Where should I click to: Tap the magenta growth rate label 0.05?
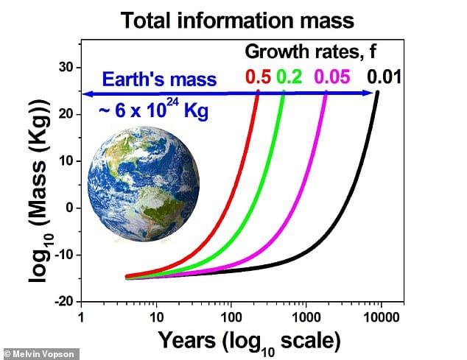pyautogui.click(x=333, y=77)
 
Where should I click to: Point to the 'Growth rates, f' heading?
pyautogui.click(x=316, y=52)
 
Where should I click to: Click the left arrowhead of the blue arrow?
pyautogui.click(x=85, y=93)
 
